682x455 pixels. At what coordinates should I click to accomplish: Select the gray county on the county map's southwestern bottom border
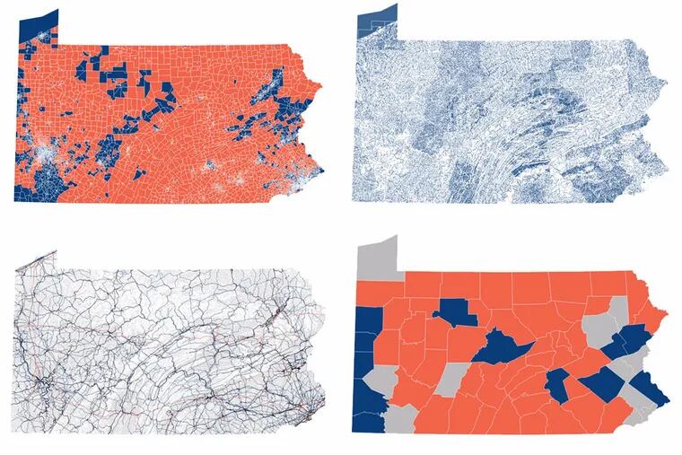point(402,416)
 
